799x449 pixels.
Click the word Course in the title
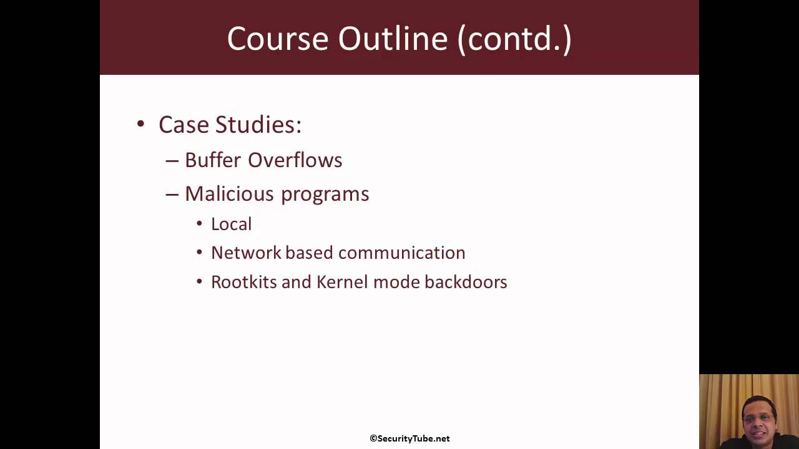(x=278, y=39)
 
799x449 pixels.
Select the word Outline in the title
(x=393, y=39)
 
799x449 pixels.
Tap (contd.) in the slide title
(x=514, y=39)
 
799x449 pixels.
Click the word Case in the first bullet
(x=184, y=125)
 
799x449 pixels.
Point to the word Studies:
(x=258, y=125)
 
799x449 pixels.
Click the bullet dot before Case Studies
(x=140, y=123)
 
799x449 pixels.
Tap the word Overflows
(x=295, y=160)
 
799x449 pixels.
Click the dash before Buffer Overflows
(x=172, y=160)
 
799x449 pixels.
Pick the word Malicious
(x=230, y=194)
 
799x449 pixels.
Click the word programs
(x=325, y=195)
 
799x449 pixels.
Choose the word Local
(x=231, y=224)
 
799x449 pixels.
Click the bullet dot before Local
(x=199, y=224)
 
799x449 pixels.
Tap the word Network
(x=245, y=253)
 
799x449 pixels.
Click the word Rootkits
(x=243, y=282)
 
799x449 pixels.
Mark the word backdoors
(x=466, y=282)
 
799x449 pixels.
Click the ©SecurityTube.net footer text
(x=409, y=438)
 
